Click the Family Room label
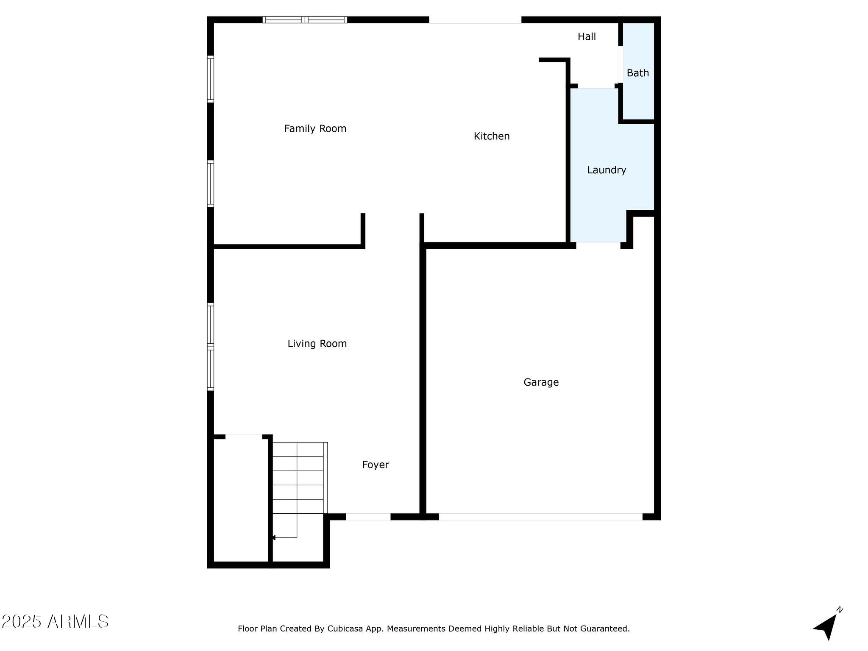click(315, 128)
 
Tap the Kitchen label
click(492, 136)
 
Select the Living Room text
click(317, 344)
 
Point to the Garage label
click(541, 382)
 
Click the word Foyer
click(376, 465)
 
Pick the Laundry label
click(606, 170)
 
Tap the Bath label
click(638, 73)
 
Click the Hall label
click(587, 36)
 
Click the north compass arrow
click(827, 626)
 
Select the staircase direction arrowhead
click(274, 538)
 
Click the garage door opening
click(540, 517)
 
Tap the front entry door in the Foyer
click(368, 517)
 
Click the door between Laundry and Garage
click(598, 245)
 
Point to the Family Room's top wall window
click(305, 19)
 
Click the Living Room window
click(210, 347)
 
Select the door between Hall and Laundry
click(596, 86)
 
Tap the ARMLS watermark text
click(55, 622)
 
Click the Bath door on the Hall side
click(620, 64)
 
